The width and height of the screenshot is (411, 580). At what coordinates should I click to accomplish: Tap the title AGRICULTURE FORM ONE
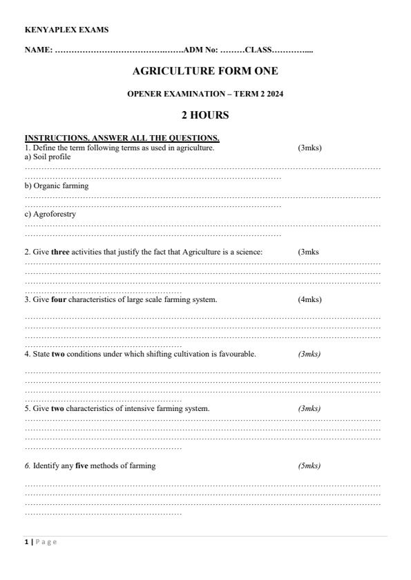pyautogui.click(x=205, y=71)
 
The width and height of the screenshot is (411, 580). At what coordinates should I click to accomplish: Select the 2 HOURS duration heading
pyautogui.click(x=205, y=115)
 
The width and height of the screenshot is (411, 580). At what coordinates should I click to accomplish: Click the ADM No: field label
pyautogui.click(x=200, y=50)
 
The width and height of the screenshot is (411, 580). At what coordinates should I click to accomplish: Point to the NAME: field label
pyautogui.click(x=39, y=50)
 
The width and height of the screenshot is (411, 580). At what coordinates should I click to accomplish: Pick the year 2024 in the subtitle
pyautogui.click(x=274, y=94)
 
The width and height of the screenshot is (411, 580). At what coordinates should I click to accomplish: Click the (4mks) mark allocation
pyautogui.click(x=309, y=299)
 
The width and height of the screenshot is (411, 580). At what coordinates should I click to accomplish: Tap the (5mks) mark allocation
pyautogui.click(x=309, y=466)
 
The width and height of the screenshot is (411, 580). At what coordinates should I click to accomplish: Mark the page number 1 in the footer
pyautogui.click(x=27, y=542)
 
